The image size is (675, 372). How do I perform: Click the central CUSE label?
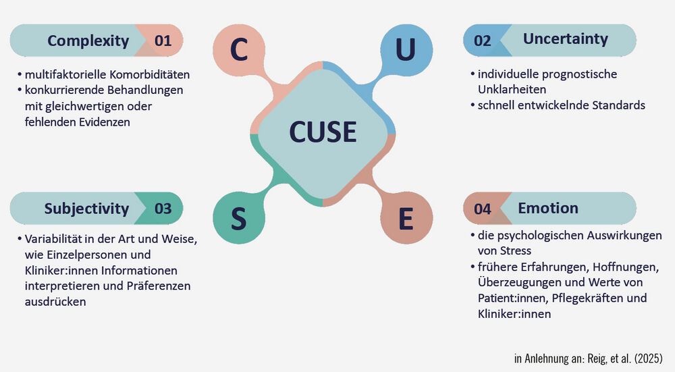(323, 131)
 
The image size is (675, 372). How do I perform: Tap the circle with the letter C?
(238, 51)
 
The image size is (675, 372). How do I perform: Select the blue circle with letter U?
(406, 51)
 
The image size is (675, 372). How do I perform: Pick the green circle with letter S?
(238, 218)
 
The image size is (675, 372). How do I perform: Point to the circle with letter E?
(406, 218)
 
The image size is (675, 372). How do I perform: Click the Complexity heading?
(88, 41)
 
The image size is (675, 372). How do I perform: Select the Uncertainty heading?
(565, 39)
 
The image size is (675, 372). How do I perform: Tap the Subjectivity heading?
(86, 208)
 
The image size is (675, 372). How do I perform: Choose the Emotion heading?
(547, 208)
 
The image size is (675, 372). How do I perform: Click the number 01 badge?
(163, 41)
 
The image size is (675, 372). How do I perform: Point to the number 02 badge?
(483, 41)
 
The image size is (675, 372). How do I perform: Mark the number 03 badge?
(163, 208)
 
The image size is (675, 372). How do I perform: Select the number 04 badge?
(483, 209)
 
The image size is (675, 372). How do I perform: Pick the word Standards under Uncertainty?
(616, 105)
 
